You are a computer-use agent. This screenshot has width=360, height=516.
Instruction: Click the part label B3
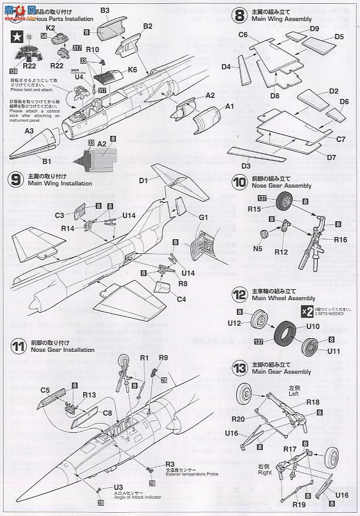(x=105, y=10)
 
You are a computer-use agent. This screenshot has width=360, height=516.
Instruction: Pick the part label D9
(x=314, y=29)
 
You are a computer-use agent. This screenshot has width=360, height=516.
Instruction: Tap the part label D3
(x=246, y=166)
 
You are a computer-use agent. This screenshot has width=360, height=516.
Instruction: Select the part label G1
(x=203, y=217)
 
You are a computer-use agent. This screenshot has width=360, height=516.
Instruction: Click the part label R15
(x=254, y=209)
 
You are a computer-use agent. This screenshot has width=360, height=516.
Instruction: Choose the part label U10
(x=313, y=326)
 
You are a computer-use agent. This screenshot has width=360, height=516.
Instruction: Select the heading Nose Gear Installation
(x=55, y=350)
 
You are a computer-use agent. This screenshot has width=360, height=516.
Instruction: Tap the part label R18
(x=313, y=402)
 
